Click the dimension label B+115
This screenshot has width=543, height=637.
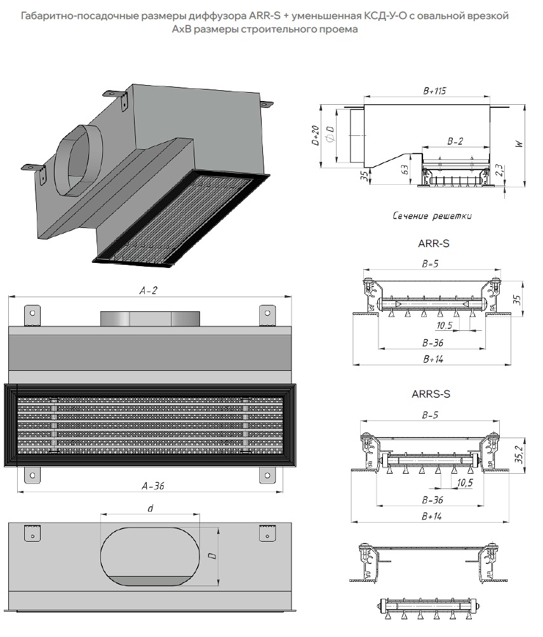pos(434,91)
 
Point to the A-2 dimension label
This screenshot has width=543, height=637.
pos(148,290)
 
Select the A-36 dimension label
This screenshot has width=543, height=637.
pos(153,485)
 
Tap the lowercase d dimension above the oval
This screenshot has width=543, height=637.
pos(151,508)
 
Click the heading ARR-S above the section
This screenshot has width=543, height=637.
pos(434,243)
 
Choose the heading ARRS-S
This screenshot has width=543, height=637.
pos(431,394)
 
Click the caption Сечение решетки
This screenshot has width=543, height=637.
pos(432,216)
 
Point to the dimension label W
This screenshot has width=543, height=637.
pos(519,144)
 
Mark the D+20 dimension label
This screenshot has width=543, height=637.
pos(316,135)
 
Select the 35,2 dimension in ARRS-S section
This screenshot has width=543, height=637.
pos(519,454)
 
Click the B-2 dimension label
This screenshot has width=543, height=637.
pos(455,141)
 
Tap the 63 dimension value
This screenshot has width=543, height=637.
pos(405,170)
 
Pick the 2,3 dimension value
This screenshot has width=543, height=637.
pos(499,170)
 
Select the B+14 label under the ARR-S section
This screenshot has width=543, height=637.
pos(433,359)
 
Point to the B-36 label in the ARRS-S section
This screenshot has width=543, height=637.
pos(432,500)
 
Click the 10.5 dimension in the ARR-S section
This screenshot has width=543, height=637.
pos(444,325)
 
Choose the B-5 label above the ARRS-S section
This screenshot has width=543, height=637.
pos(430,415)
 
